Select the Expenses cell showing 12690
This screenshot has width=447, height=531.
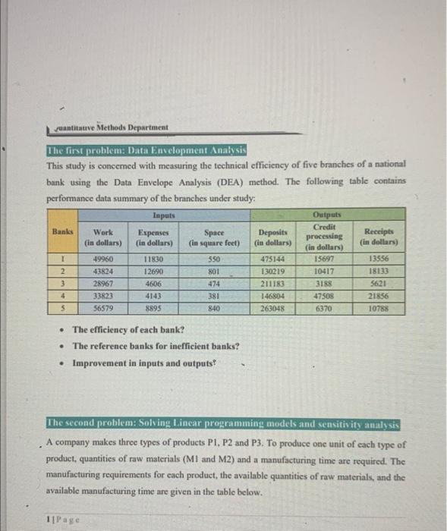click(x=151, y=270)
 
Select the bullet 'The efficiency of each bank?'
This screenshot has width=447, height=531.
click(x=127, y=330)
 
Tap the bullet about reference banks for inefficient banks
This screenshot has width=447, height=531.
click(x=156, y=346)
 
